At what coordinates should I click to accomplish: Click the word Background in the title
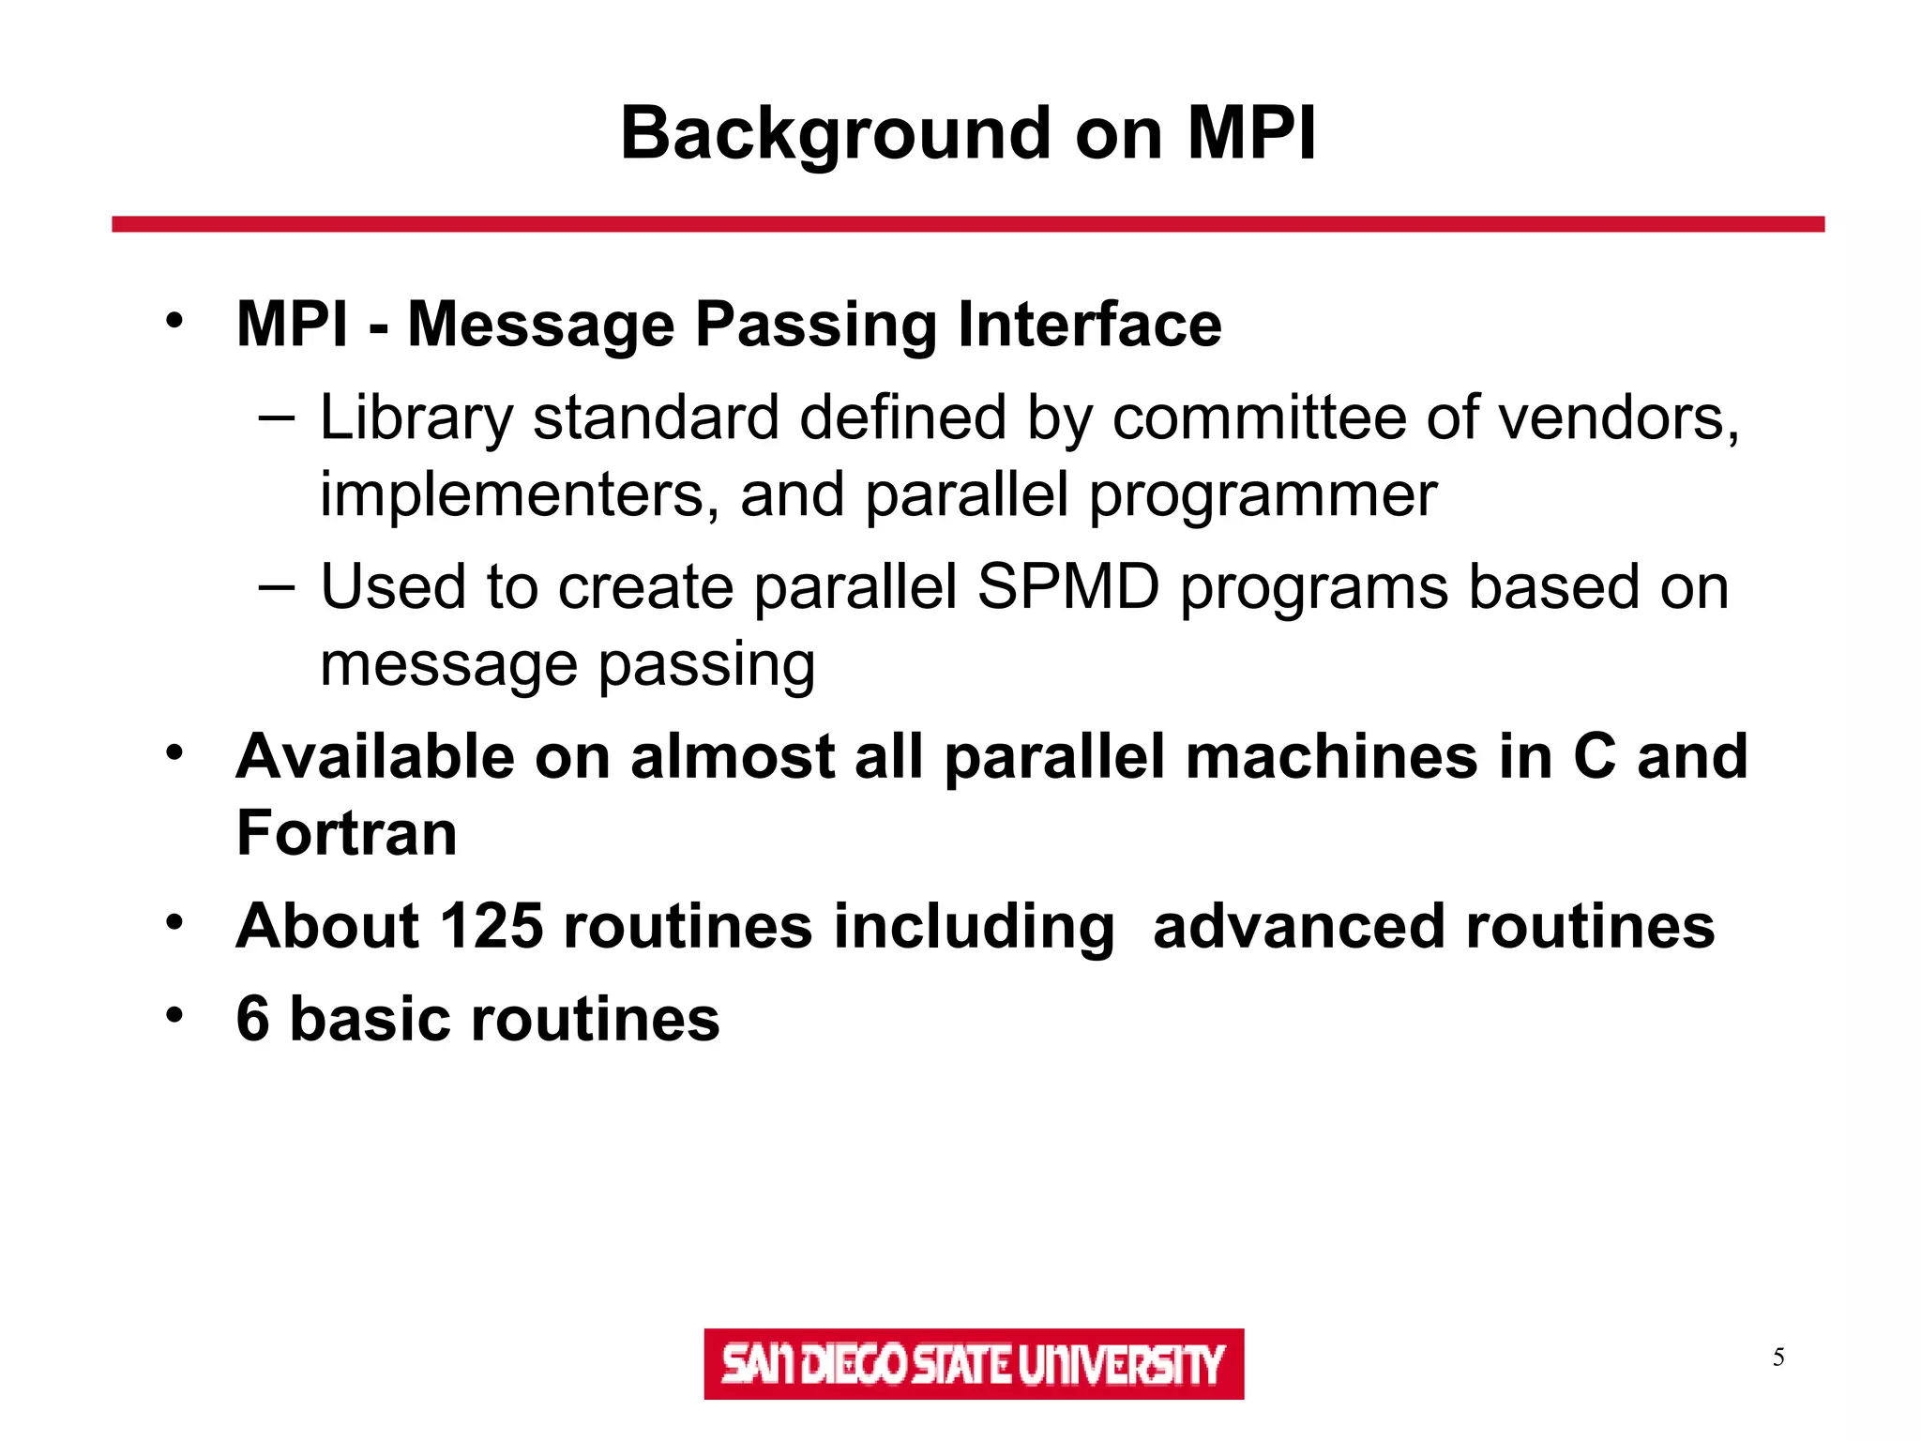[x=835, y=134]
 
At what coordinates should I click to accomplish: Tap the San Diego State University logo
[x=973, y=1363]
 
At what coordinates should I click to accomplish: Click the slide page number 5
[x=1777, y=1358]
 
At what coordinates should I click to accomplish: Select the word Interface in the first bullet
[x=1089, y=325]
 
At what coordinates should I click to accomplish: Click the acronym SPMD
[x=1067, y=587]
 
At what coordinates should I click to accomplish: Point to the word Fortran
[x=346, y=833]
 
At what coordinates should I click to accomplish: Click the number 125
[x=492, y=927]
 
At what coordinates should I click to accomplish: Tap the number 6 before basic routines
[x=252, y=1019]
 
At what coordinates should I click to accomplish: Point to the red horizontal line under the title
[x=967, y=224]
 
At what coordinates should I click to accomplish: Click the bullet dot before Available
[x=174, y=752]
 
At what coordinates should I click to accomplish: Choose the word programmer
[x=1263, y=496]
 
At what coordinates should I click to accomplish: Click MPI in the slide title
[x=1251, y=134]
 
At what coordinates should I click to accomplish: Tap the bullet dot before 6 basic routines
[x=174, y=1015]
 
